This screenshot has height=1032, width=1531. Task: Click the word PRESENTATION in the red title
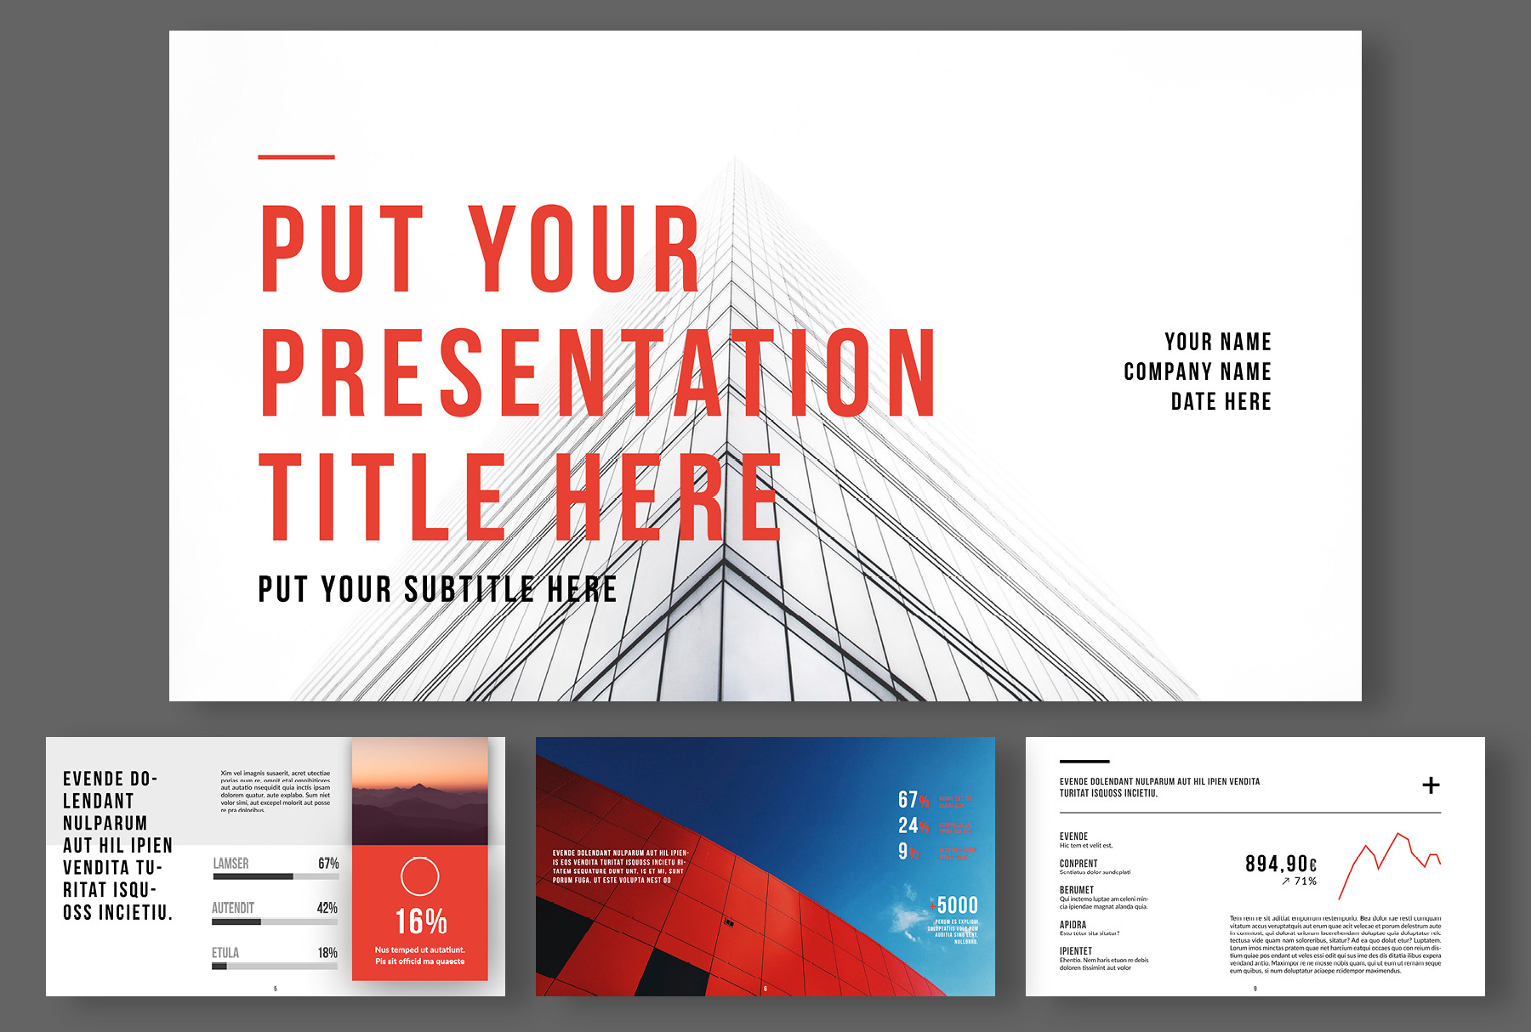pyautogui.click(x=598, y=374)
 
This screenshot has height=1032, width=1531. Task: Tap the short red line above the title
pyautogui.click(x=296, y=157)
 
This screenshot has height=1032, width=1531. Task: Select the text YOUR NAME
pyautogui.click(x=1217, y=342)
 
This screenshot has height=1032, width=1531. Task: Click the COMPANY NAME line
pyautogui.click(x=1197, y=371)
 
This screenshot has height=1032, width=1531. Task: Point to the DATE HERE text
pyautogui.click(x=1221, y=401)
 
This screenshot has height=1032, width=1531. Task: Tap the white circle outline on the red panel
pyautogui.click(x=419, y=876)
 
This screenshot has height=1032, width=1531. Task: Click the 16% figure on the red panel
pyautogui.click(x=420, y=921)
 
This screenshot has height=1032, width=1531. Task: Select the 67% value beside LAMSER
pyautogui.click(x=328, y=864)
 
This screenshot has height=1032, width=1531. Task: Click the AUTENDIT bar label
pyautogui.click(x=233, y=908)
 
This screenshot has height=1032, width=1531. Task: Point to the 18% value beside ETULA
pyautogui.click(x=327, y=953)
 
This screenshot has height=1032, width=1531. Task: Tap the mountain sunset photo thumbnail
pyautogui.click(x=419, y=791)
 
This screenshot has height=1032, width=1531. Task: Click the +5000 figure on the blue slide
pyautogui.click(x=955, y=905)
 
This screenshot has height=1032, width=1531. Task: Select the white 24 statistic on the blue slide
pyautogui.click(x=908, y=825)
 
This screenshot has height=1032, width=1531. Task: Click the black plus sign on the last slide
pyautogui.click(x=1431, y=785)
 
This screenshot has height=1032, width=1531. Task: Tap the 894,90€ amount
pyautogui.click(x=1281, y=864)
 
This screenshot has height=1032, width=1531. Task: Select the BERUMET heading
pyautogui.click(x=1077, y=890)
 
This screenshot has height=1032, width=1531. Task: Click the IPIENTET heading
pyautogui.click(x=1076, y=951)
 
